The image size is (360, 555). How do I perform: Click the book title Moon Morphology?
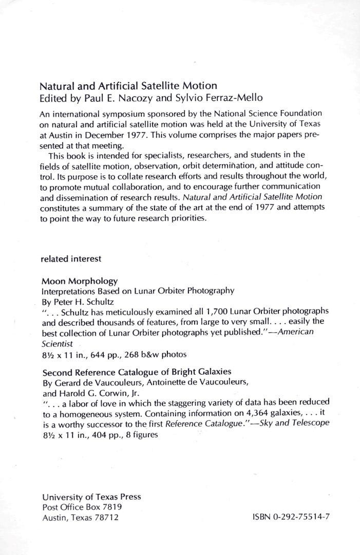(x=79, y=281)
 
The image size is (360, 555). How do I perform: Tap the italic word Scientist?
(x=57, y=343)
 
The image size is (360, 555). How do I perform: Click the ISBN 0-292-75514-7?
(x=291, y=517)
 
